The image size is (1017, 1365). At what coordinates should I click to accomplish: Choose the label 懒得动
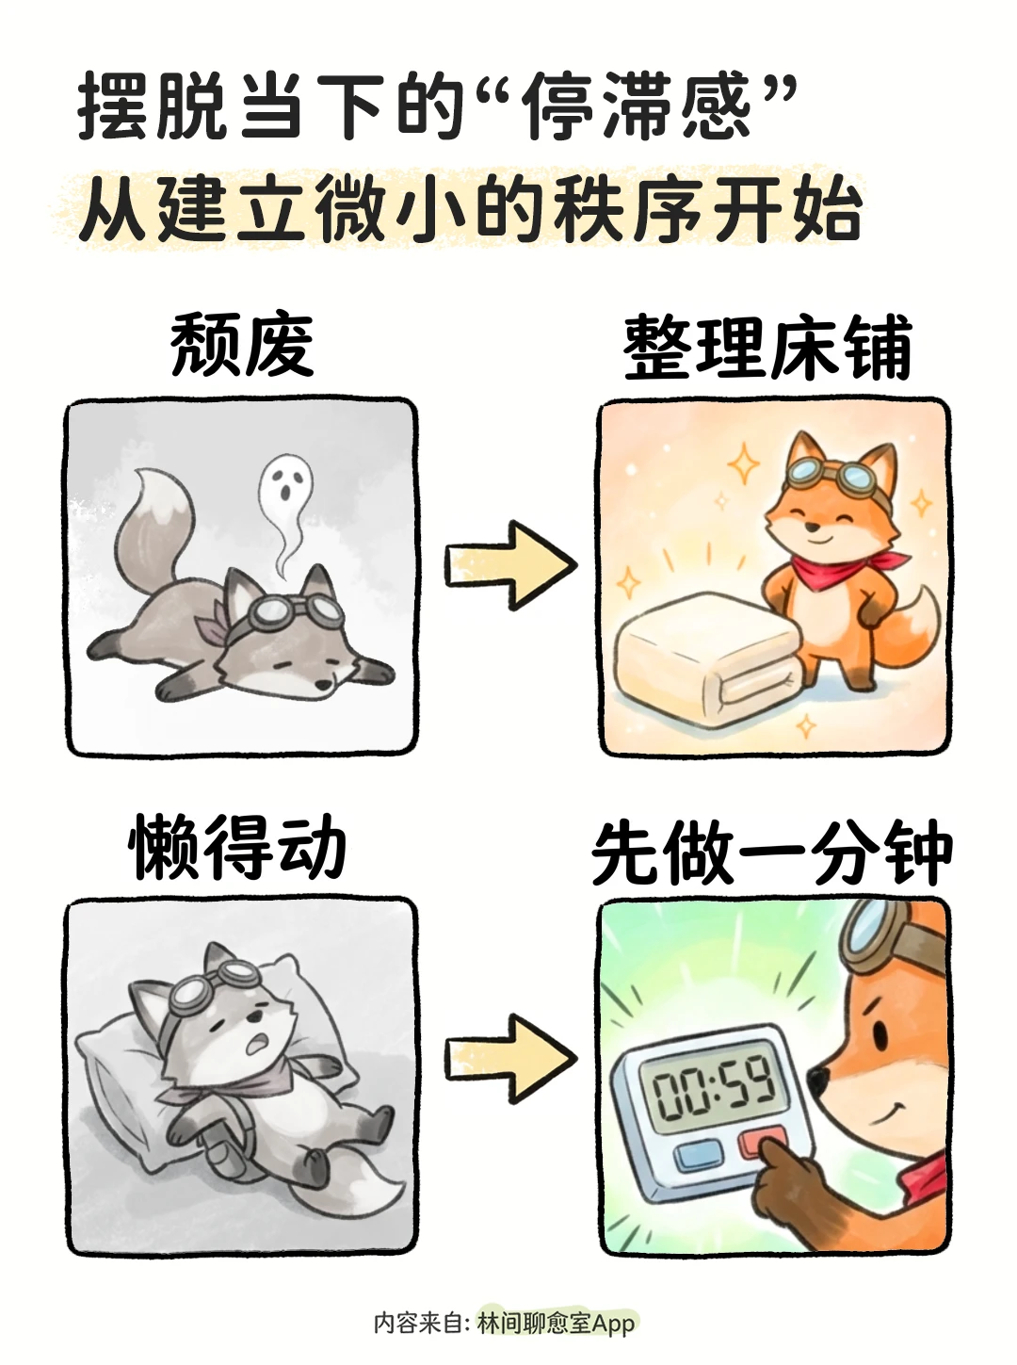click(x=237, y=846)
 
